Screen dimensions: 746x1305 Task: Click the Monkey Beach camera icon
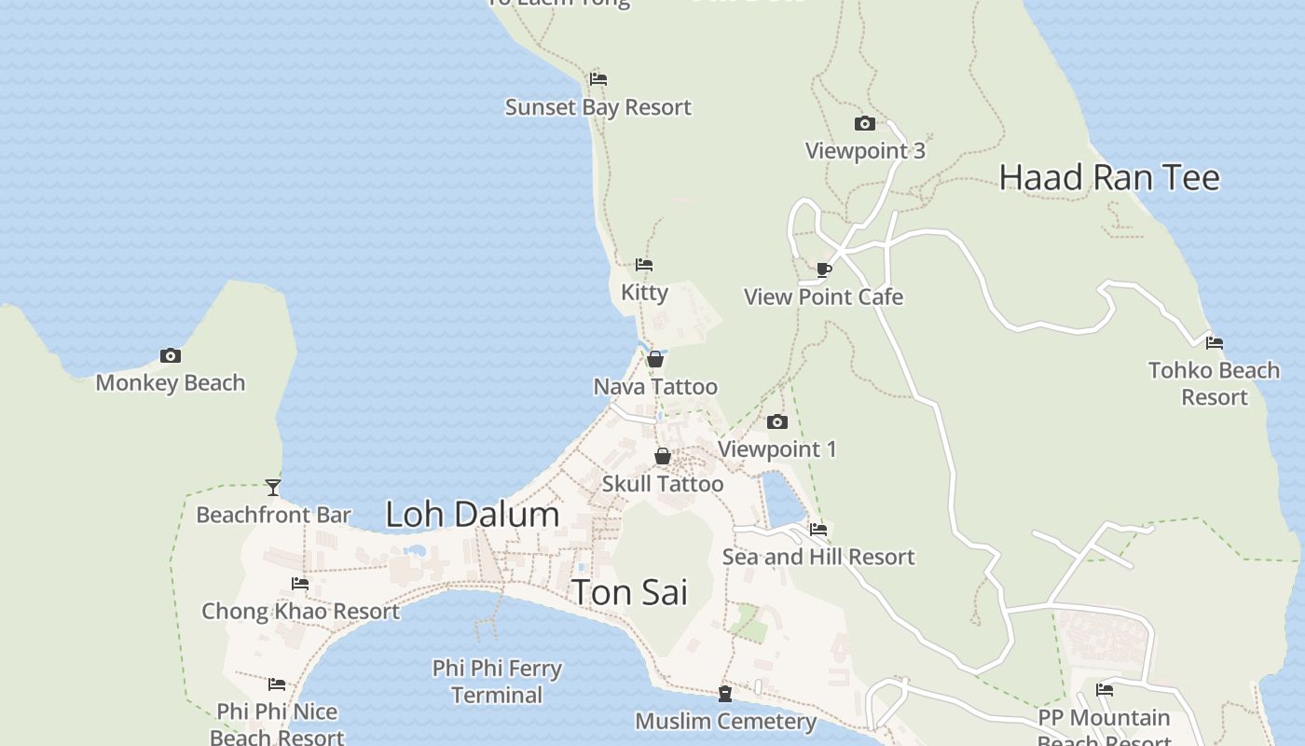170,355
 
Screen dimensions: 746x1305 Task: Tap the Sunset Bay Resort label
598,107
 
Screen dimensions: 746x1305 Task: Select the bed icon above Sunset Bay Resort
598,79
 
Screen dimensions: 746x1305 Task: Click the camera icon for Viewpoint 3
864,123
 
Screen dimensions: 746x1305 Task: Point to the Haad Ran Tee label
1109,177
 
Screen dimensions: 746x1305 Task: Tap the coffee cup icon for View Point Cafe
823,269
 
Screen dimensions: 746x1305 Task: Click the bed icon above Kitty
644,265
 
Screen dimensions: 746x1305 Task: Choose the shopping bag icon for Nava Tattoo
655,359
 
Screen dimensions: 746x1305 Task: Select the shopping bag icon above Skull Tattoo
662,456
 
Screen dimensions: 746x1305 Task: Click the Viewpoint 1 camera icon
776,421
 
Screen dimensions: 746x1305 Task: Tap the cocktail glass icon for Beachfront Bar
273,487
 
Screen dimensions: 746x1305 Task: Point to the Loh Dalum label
473,515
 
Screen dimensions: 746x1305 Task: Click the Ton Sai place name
629,592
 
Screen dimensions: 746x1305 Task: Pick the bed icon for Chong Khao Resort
300,584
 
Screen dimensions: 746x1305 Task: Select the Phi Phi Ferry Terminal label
497,682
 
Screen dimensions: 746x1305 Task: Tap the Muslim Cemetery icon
724,694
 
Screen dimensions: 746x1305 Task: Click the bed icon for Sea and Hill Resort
818,529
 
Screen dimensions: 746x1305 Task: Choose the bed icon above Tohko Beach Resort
1214,342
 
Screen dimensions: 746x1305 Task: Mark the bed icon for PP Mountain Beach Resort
1105,690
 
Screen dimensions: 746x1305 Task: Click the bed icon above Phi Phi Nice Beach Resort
277,684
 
